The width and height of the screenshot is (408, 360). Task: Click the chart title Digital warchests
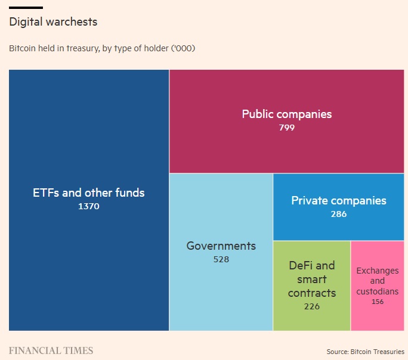pyautogui.click(x=53, y=22)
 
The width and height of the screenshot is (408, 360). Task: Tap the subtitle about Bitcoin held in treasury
pyautogui.click(x=102, y=48)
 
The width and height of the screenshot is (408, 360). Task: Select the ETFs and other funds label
pyautogui.click(x=88, y=193)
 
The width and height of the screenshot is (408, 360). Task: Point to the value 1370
pyautogui.click(x=88, y=206)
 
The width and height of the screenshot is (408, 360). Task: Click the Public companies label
pyautogui.click(x=286, y=114)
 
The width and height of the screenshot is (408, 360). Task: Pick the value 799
pyautogui.click(x=286, y=127)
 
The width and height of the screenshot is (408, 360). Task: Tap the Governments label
pyautogui.click(x=221, y=246)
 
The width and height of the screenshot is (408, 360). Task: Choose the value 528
pyautogui.click(x=221, y=259)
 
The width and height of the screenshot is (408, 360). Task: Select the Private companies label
pyautogui.click(x=338, y=201)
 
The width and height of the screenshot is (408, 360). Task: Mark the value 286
pyautogui.click(x=338, y=214)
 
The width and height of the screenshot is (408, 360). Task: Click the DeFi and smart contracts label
pyautogui.click(x=311, y=279)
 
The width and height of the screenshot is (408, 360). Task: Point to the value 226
pyautogui.click(x=311, y=306)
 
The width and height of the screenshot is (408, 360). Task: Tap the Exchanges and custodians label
pyautogui.click(x=377, y=281)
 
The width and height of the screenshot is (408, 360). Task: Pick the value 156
pyautogui.click(x=377, y=302)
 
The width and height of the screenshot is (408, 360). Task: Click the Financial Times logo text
pyautogui.click(x=51, y=350)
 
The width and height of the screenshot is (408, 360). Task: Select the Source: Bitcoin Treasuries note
pyautogui.click(x=365, y=351)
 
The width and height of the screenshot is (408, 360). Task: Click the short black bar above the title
pyautogui.click(x=26, y=7)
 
